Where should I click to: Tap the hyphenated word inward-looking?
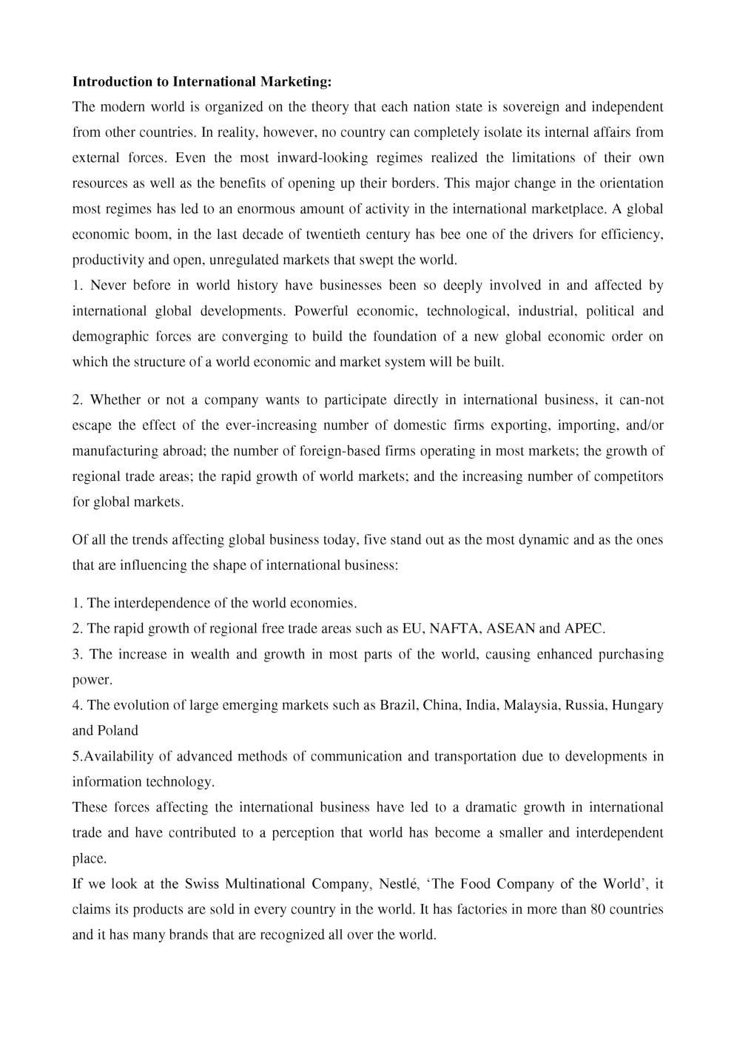tap(326, 158)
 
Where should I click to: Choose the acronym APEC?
tap(584, 630)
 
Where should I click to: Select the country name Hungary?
tap(638, 706)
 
